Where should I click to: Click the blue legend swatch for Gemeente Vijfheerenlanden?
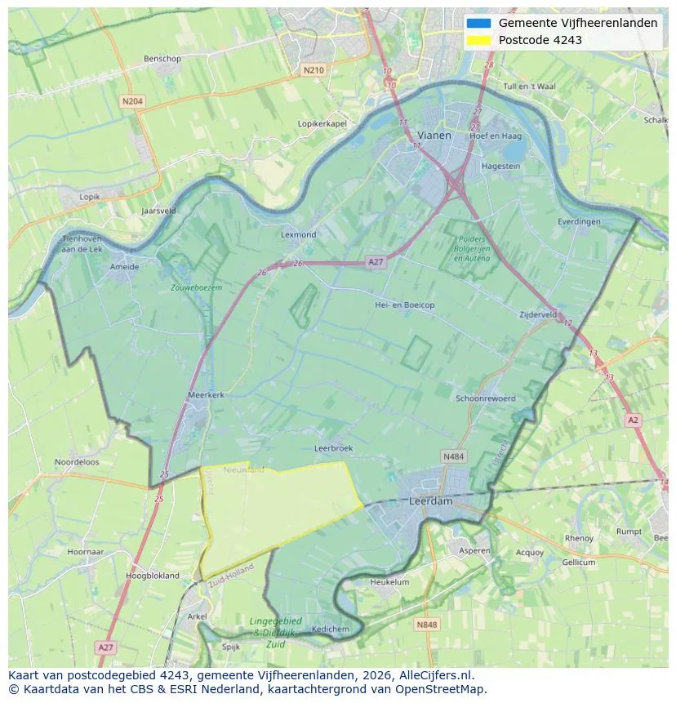tap(479, 24)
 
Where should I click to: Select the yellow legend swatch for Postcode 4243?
tap(479, 40)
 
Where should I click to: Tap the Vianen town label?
tap(434, 136)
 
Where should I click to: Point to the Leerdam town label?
tap(430, 501)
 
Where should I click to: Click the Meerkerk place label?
tap(206, 394)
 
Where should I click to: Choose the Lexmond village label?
tap(298, 234)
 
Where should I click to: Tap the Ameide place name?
tap(124, 267)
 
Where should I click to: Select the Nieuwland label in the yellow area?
tap(244, 469)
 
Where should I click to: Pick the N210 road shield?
tap(314, 70)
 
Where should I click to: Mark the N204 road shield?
tap(131, 101)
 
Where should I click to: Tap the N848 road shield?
tap(426, 625)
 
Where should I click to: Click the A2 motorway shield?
tap(633, 420)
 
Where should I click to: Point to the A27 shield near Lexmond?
tap(376, 262)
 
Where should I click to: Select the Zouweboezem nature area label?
tap(196, 287)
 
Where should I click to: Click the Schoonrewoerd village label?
tap(486, 398)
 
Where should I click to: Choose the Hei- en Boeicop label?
tap(404, 305)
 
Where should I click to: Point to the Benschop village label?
tap(162, 59)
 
